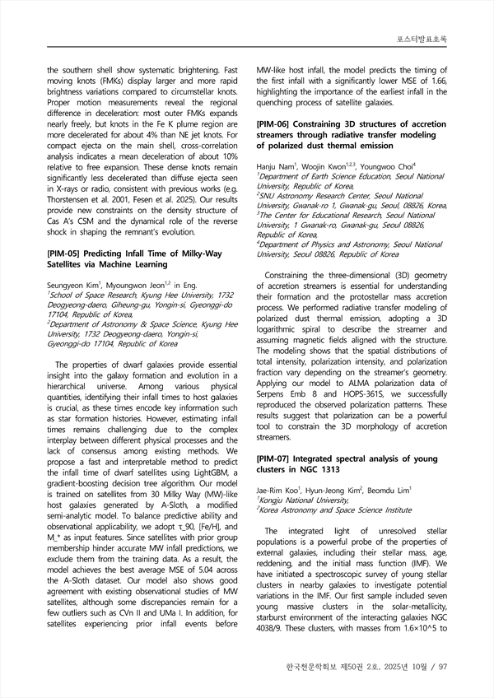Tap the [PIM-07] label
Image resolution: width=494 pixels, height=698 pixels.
(x=277, y=458)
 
